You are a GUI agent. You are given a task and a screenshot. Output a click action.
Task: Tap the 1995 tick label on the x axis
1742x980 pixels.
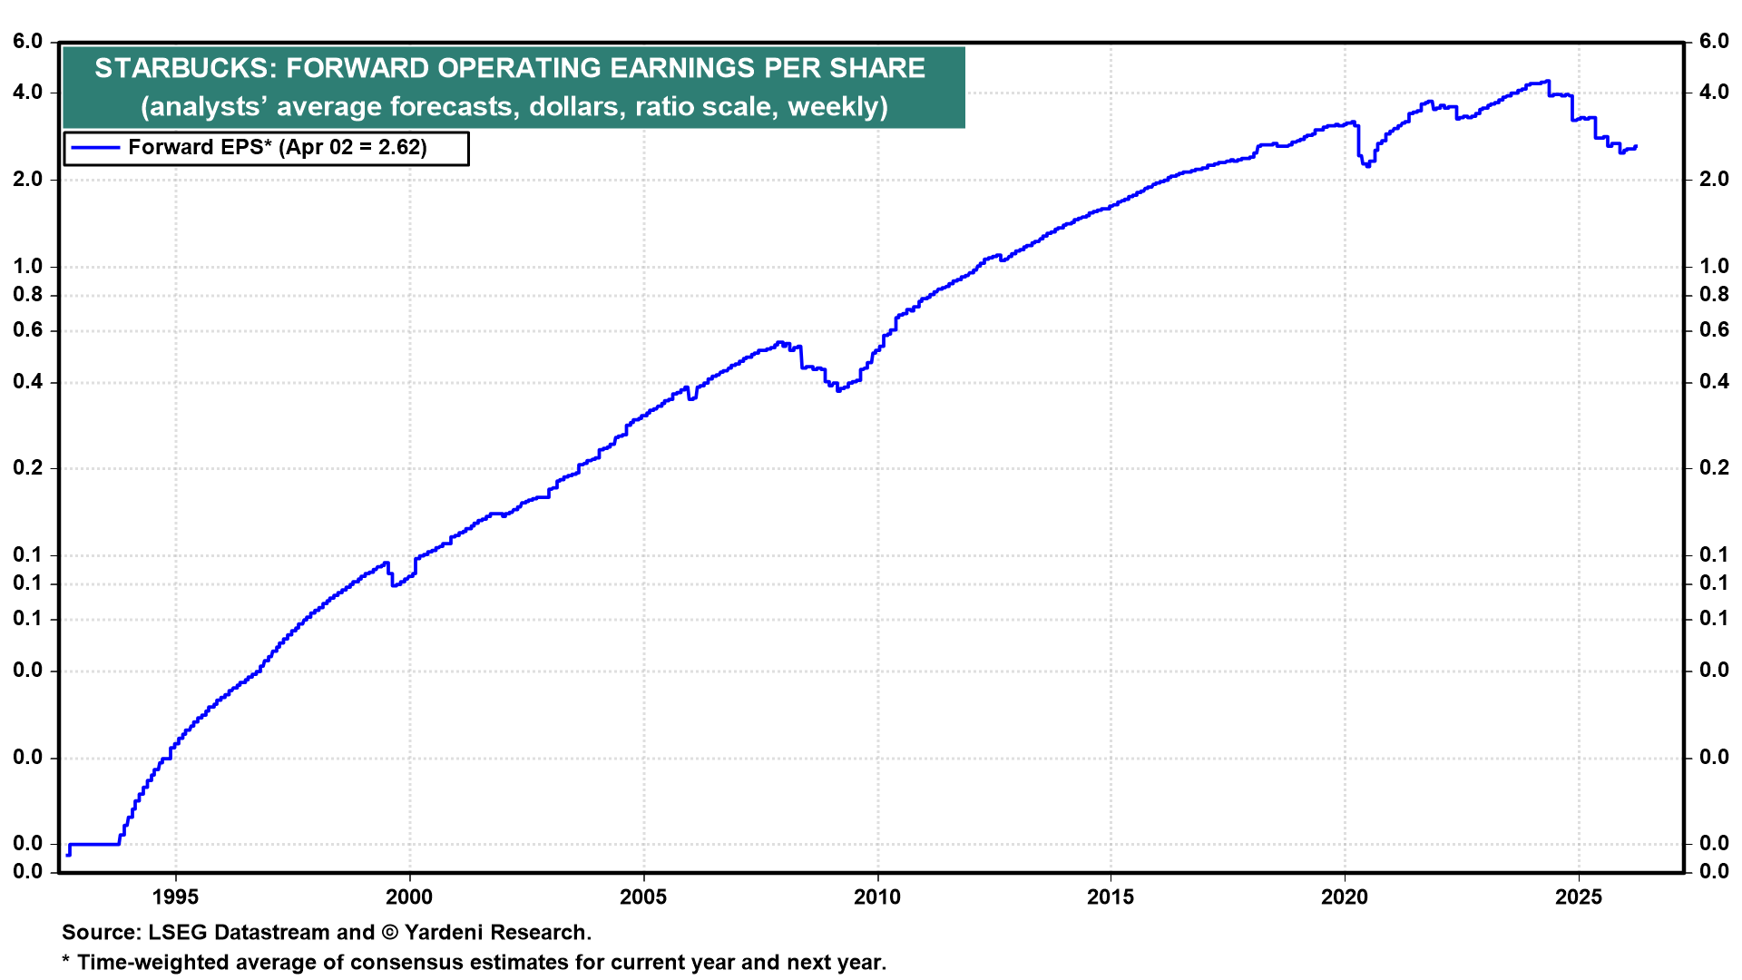(x=175, y=897)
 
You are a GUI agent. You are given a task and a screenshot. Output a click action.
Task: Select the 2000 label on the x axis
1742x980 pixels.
(x=409, y=897)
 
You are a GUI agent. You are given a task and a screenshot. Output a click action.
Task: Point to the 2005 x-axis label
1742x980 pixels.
(x=643, y=897)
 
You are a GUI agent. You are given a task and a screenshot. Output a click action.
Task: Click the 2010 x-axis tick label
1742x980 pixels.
(x=877, y=897)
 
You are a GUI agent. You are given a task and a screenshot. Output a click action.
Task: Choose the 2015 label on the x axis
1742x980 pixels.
(x=1111, y=897)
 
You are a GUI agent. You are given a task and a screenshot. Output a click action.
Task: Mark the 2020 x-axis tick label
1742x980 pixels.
(x=1345, y=897)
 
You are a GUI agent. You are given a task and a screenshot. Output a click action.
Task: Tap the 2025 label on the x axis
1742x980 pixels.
(x=1579, y=897)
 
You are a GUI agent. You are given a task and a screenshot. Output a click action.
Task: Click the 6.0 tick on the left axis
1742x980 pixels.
(x=28, y=42)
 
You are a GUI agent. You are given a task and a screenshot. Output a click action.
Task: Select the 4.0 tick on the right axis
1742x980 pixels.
(x=1714, y=93)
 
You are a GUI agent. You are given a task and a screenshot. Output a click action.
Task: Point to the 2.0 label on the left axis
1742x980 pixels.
(x=28, y=180)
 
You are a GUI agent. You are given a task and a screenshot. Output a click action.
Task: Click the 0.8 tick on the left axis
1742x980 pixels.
(x=28, y=295)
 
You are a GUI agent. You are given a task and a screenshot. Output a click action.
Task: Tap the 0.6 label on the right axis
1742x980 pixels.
(x=1714, y=330)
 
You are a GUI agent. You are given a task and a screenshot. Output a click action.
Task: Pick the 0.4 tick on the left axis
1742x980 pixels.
(x=28, y=382)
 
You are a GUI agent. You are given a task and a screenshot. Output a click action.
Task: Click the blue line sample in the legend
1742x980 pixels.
(x=95, y=148)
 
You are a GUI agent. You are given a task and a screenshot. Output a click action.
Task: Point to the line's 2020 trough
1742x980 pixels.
(x=1367, y=165)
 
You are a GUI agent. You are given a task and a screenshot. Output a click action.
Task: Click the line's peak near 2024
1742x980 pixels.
(x=1547, y=81)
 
